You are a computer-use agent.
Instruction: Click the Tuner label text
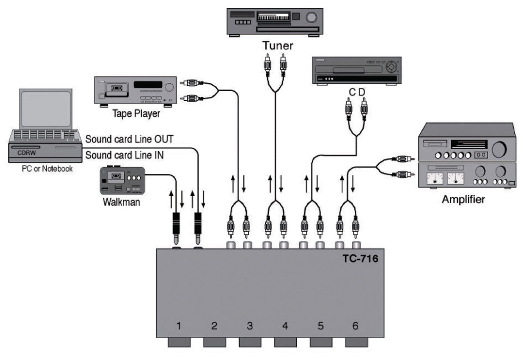(278, 45)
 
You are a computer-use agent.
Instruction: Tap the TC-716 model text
(360, 259)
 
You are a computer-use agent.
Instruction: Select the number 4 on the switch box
(285, 326)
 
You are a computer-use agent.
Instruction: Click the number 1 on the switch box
(179, 326)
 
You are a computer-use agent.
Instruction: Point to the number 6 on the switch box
(355, 326)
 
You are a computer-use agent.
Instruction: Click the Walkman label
(122, 202)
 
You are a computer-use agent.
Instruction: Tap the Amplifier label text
(463, 199)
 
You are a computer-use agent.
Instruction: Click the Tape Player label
(136, 114)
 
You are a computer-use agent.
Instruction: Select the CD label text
(357, 92)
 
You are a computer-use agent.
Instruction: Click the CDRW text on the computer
(27, 153)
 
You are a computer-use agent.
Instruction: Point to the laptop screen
(46, 109)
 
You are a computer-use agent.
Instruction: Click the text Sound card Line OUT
(129, 139)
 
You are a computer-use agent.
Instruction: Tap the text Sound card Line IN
(125, 155)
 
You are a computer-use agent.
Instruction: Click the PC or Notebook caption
(47, 169)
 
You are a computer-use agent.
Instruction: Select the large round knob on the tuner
(312, 17)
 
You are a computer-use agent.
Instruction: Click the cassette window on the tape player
(117, 88)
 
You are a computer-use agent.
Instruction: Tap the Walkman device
(122, 180)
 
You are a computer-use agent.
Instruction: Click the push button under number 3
(250, 342)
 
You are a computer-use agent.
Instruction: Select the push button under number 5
(321, 342)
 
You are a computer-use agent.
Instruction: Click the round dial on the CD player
(391, 67)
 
